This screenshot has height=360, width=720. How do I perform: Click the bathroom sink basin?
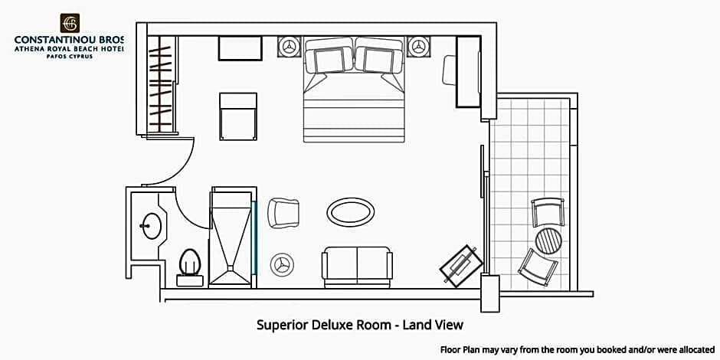[x=152, y=225]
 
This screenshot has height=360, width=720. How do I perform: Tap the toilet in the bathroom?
[x=190, y=267]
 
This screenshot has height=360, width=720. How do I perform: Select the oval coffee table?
[x=350, y=212]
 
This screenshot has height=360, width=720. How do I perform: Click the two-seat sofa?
[x=357, y=267]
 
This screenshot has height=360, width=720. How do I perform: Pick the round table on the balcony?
[x=548, y=241]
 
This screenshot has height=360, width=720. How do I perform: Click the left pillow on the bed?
[x=329, y=61]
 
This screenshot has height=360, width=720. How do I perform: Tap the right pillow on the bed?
[x=379, y=61]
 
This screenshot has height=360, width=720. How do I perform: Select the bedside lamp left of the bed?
[x=290, y=47]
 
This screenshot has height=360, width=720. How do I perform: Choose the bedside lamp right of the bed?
[x=418, y=47]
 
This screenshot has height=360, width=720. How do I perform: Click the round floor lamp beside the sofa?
[x=281, y=265]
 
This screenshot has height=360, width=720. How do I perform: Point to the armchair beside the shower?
[x=283, y=213]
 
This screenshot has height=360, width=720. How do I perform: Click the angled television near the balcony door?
[x=461, y=266]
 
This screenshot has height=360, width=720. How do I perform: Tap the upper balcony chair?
[x=548, y=211]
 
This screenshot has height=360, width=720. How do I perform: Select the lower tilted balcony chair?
[x=538, y=267]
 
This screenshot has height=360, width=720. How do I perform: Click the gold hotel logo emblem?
[x=70, y=23]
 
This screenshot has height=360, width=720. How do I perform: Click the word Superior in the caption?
[x=283, y=325]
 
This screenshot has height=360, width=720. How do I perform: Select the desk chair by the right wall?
[x=449, y=70]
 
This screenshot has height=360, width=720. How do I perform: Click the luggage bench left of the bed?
[x=238, y=116]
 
